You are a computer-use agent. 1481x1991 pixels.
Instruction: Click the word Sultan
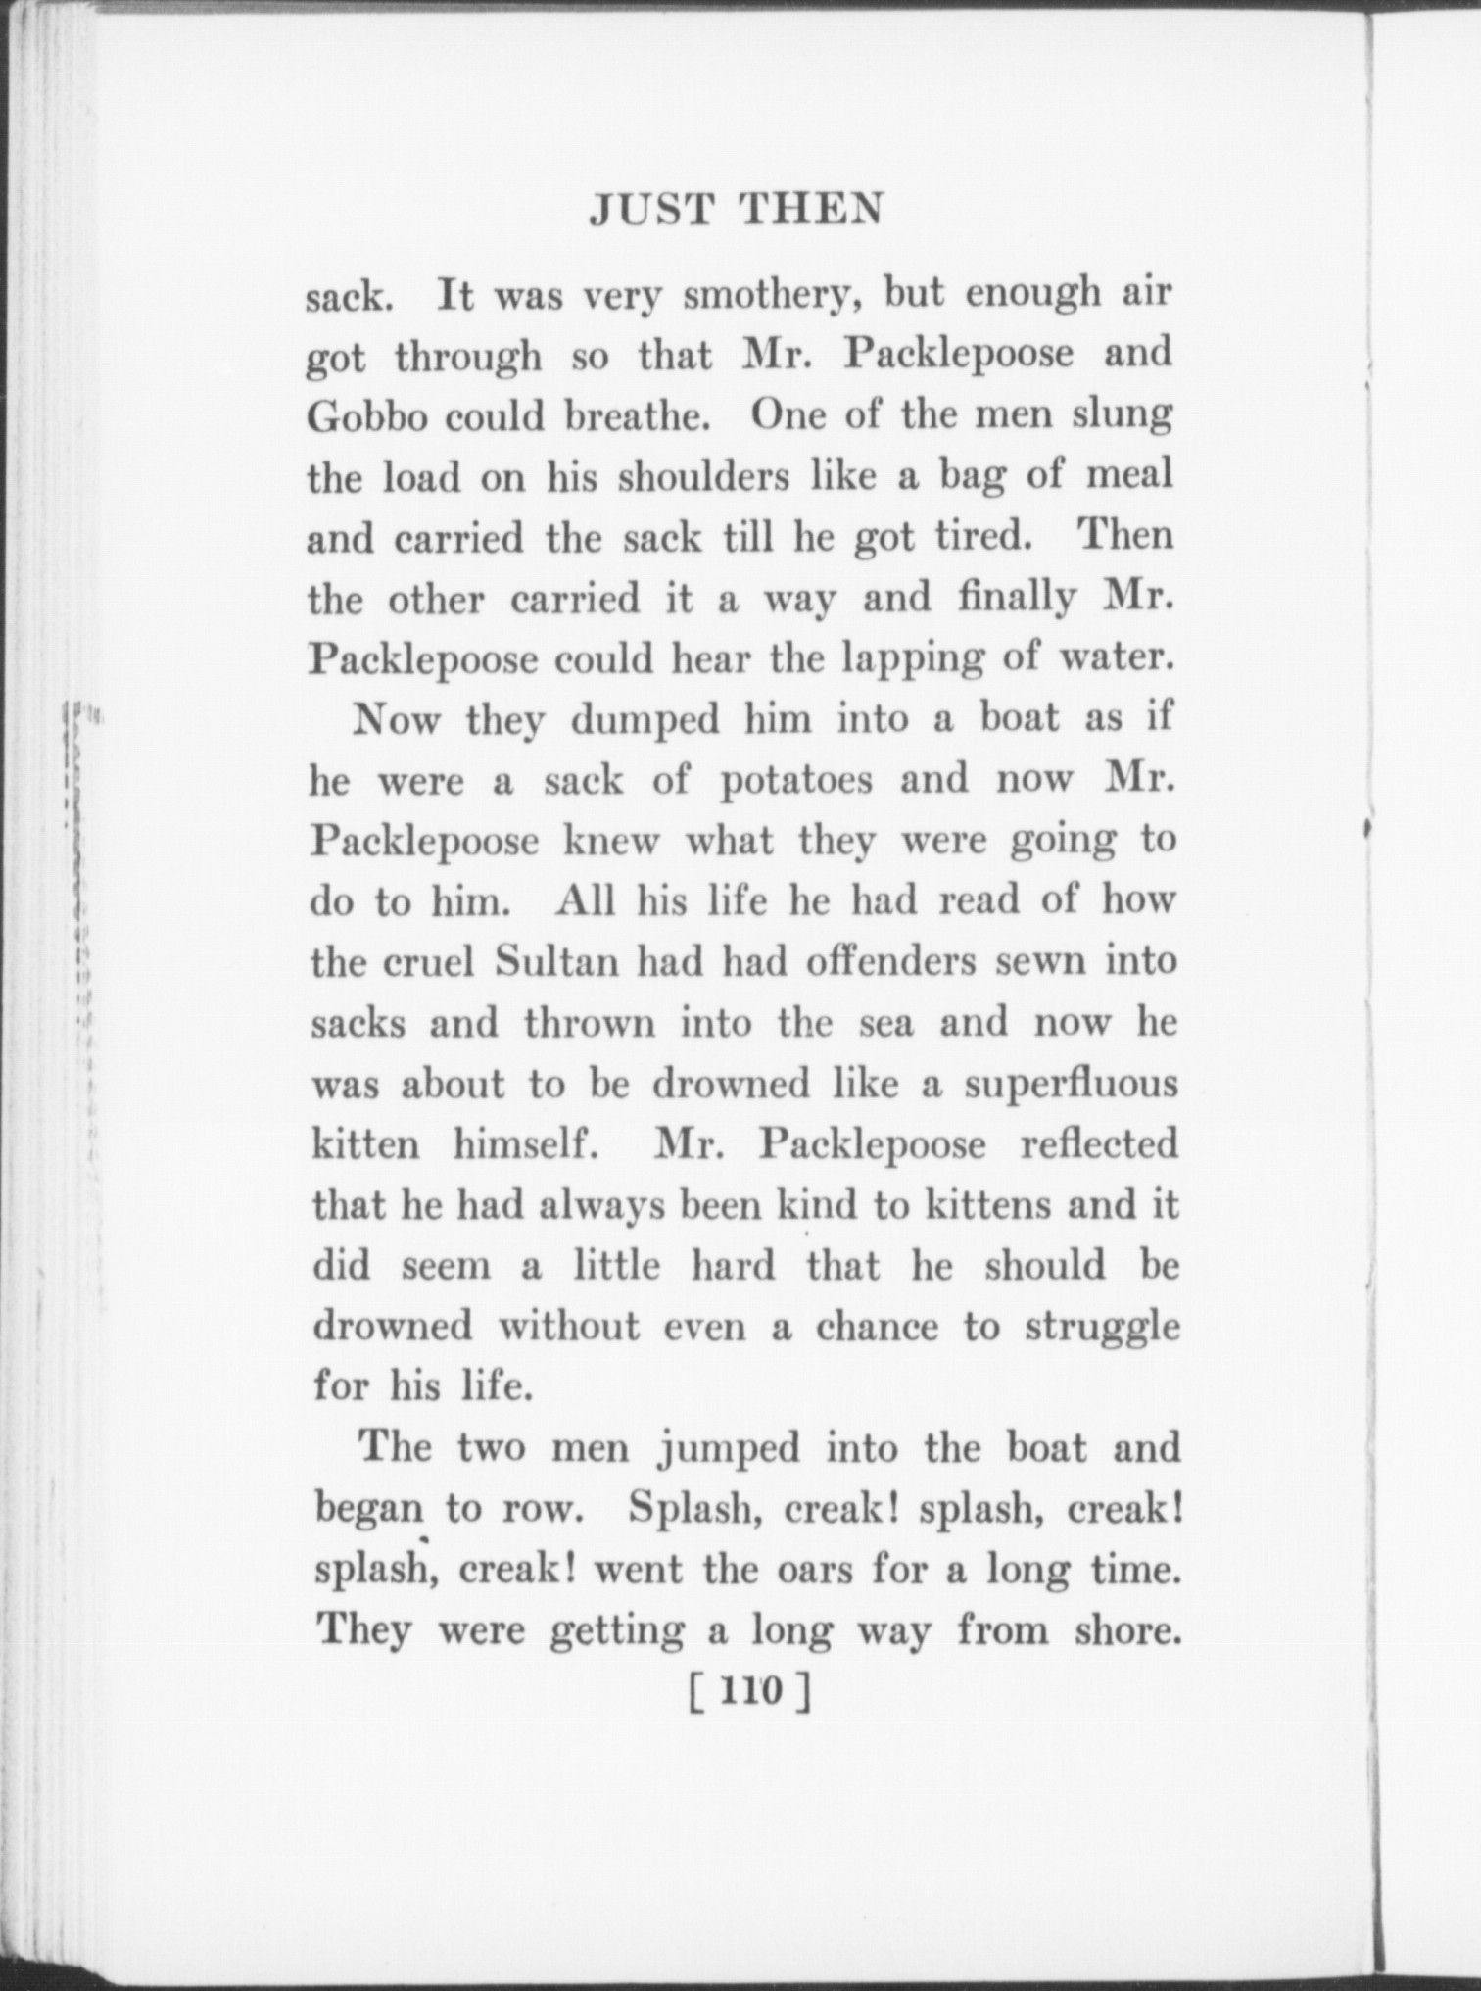click(x=557, y=962)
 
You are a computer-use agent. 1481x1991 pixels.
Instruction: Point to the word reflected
click(x=1099, y=1144)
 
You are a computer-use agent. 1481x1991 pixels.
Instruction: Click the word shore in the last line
click(x=1123, y=1632)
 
